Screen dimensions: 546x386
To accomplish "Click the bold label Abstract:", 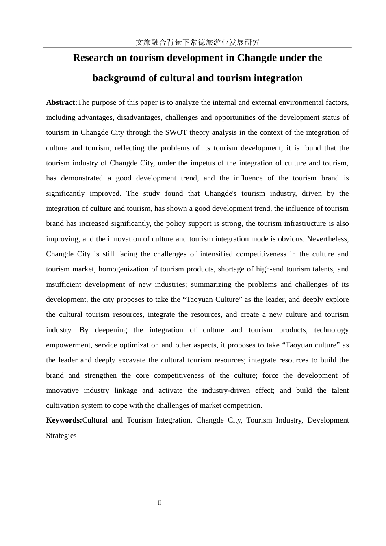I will click(x=62, y=102).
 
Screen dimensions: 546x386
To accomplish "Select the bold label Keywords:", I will click(x=64, y=420).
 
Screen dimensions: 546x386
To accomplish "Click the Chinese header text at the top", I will click(x=197, y=42).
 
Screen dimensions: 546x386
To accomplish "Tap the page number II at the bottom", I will click(x=159, y=503).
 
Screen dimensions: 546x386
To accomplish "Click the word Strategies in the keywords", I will click(x=61, y=435).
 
